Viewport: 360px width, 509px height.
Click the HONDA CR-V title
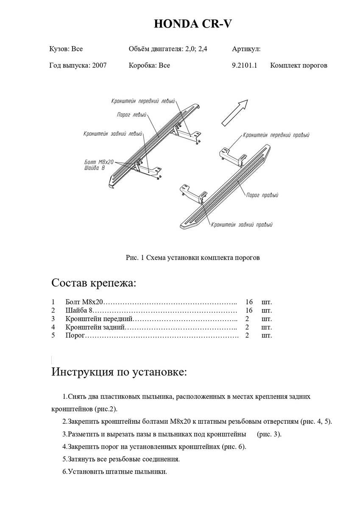click(193, 24)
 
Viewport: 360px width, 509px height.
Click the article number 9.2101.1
click(245, 65)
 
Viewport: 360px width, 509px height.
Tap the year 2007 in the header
click(99, 65)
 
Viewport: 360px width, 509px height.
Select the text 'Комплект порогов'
click(299, 65)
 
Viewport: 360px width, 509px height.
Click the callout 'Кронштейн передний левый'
click(143, 101)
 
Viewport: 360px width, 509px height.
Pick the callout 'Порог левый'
click(132, 115)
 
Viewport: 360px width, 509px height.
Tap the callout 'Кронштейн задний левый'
click(113, 134)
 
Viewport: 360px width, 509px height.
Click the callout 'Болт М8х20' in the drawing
click(99, 162)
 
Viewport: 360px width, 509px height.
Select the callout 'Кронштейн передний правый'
click(276, 135)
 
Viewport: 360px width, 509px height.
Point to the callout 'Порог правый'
click(262, 196)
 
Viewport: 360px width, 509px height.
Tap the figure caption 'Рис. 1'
click(136, 257)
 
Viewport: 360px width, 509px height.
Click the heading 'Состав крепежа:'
click(94, 282)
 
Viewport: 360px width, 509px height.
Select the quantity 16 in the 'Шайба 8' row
click(249, 310)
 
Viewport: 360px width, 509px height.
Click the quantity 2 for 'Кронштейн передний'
click(249, 319)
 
